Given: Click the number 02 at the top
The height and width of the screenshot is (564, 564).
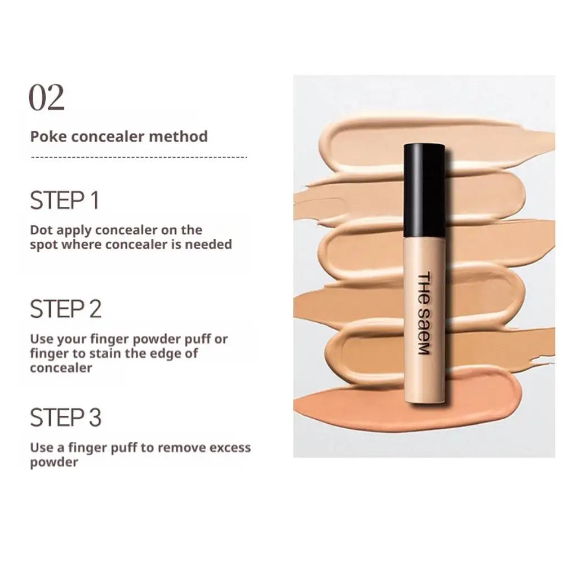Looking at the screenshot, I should [47, 98].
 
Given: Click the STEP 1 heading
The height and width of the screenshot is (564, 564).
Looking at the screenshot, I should [64, 201].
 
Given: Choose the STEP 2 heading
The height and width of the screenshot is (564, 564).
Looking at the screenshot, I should [65, 309].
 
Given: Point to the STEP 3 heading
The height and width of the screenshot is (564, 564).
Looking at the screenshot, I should [65, 418].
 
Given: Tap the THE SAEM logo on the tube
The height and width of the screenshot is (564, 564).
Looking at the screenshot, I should [424, 313].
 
